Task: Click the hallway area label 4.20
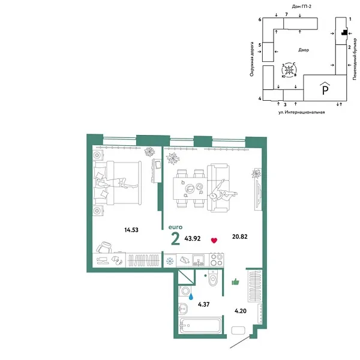[x=240, y=312]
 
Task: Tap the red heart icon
[x=214, y=241]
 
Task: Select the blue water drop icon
[x=191, y=295]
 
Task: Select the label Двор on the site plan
[x=303, y=50]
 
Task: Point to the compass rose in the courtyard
[x=289, y=70]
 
